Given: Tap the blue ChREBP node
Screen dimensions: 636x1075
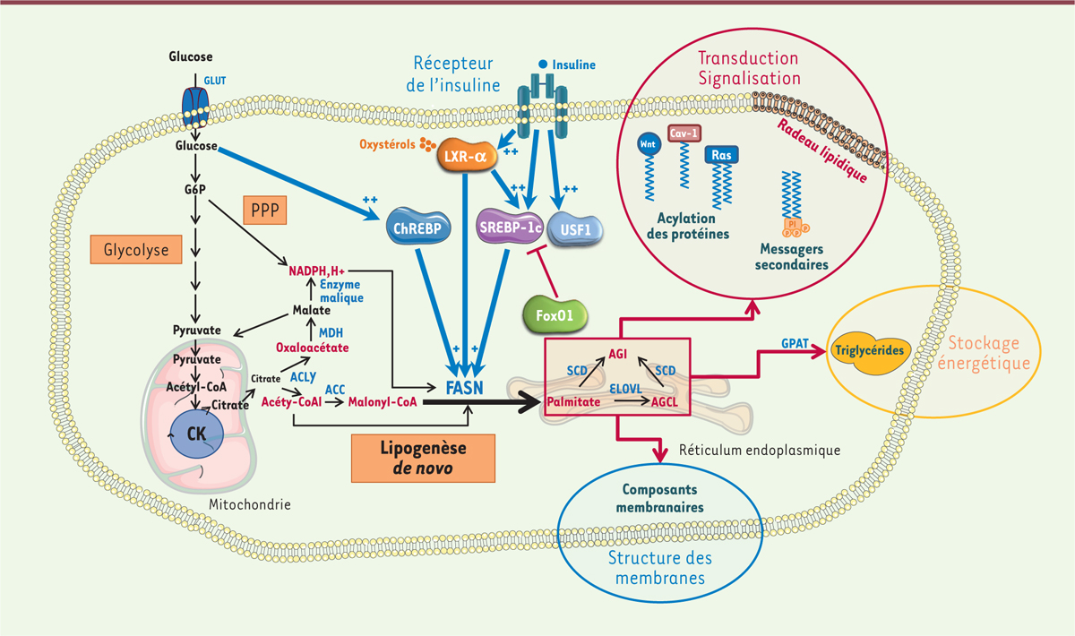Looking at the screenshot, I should click(x=418, y=228).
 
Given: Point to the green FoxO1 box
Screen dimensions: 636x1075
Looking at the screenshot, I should click(x=558, y=315).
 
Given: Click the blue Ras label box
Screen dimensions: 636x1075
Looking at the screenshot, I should click(x=721, y=155).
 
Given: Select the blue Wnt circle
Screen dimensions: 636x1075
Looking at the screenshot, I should click(x=648, y=143).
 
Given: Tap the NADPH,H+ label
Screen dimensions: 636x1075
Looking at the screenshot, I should click(x=317, y=268).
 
